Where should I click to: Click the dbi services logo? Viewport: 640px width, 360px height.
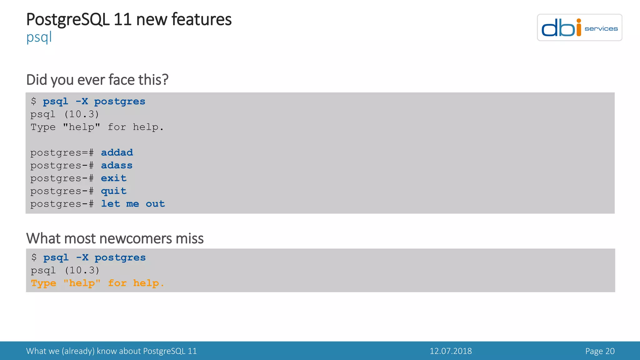pos(579,27)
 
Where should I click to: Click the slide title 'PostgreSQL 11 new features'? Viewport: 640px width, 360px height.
pos(129,19)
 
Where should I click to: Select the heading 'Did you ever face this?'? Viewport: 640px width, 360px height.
pos(97,80)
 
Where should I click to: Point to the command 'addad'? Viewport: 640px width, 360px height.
pos(117,152)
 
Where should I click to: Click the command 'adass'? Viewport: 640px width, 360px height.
pos(117,165)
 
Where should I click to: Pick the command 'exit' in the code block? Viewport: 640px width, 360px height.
pos(113,178)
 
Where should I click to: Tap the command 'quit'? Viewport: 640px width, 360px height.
pos(113,191)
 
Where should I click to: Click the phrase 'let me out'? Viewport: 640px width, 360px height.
pos(133,204)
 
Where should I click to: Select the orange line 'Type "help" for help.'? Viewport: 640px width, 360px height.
pos(97,283)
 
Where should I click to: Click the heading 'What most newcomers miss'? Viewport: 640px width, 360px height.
pos(115,238)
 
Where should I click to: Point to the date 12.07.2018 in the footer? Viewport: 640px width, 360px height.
pos(451,351)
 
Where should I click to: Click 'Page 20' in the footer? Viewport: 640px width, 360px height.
pos(600,351)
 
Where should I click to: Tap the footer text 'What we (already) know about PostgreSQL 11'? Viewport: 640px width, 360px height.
pos(111,351)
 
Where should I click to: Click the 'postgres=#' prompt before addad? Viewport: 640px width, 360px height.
pos(62,152)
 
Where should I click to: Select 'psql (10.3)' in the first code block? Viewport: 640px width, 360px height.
pos(65,114)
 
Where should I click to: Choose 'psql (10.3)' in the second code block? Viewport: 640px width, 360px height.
pos(65,270)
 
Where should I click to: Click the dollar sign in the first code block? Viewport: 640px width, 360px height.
pos(34,101)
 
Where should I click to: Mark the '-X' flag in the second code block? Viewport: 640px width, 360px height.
pos(82,257)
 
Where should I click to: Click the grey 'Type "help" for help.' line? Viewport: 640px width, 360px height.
pos(97,127)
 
